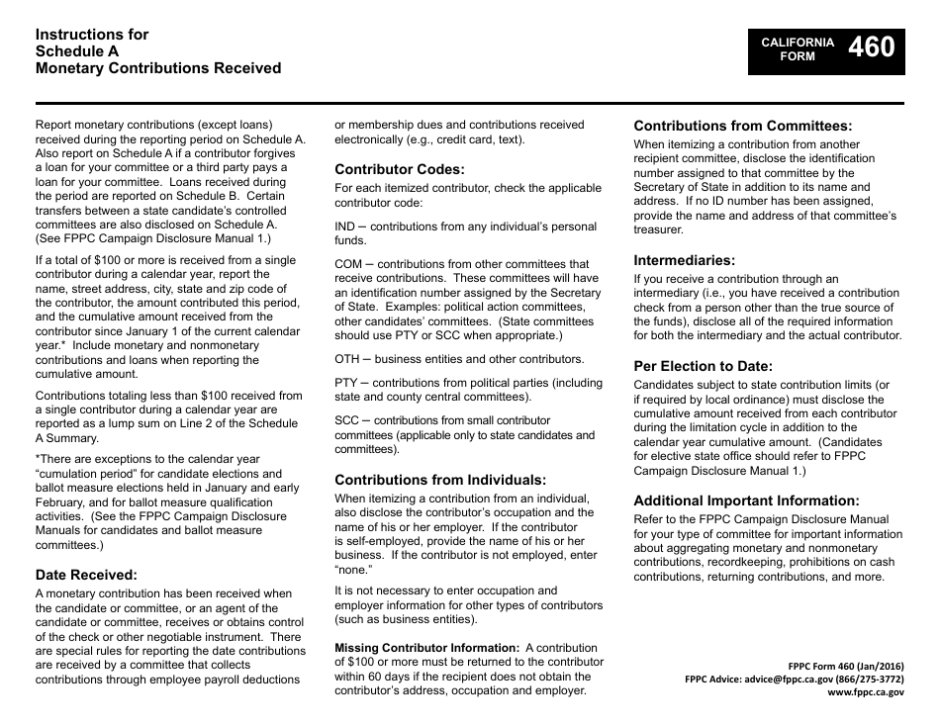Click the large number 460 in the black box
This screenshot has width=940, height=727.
[x=871, y=47]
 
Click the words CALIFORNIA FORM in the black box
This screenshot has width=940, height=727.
[x=798, y=49]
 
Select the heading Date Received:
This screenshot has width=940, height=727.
[x=86, y=574]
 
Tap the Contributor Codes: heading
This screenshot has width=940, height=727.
[x=399, y=169]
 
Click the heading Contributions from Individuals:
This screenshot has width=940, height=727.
[x=440, y=480]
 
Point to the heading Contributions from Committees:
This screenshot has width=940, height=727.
[x=742, y=126]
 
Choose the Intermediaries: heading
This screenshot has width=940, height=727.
[x=685, y=260]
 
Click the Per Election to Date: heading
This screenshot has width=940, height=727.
[x=704, y=366]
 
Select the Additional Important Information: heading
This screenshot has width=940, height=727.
[x=746, y=500]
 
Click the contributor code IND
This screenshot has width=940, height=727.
[x=346, y=227]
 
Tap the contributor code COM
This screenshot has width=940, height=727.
[x=348, y=264]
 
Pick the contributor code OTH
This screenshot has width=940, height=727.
[x=347, y=359]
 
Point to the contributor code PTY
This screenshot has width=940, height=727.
[x=346, y=383]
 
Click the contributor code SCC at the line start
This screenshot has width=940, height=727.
[x=347, y=420]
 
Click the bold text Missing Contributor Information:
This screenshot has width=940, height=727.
[x=426, y=648]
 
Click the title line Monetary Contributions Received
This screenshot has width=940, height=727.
[x=158, y=68]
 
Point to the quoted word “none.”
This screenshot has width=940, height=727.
[x=353, y=569]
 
